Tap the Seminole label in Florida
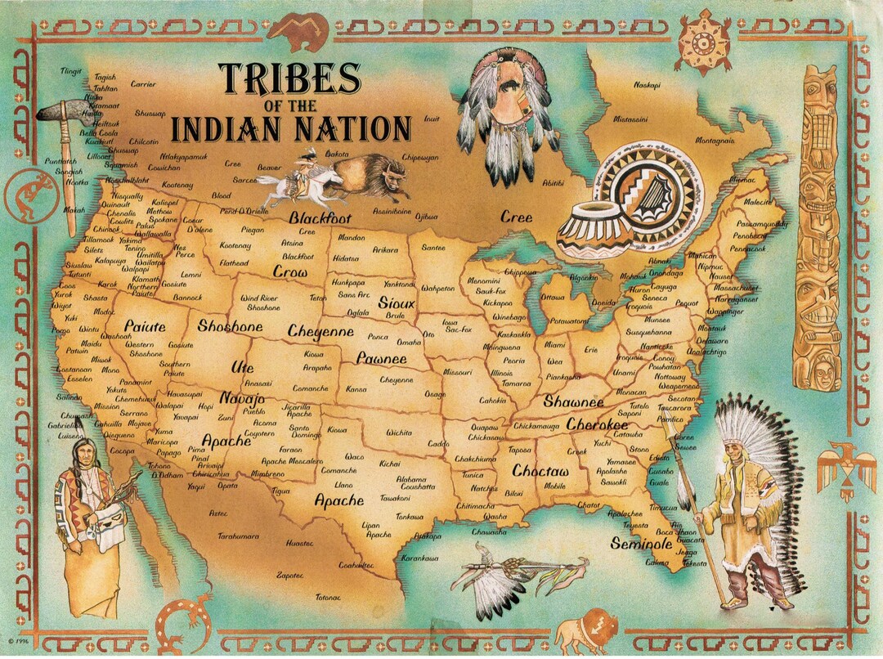pyautogui.click(x=641, y=542)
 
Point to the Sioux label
pyautogui.click(x=397, y=303)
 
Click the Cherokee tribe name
pyautogui.click(x=597, y=425)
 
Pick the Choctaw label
pyautogui.click(x=540, y=472)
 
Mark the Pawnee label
pyautogui.click(x=381, y=358)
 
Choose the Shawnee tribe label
pyautogui.click(x=573, y=402)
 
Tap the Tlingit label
pyautogui.click(x=72, y=71)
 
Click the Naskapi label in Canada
pyautogui.click(x=647, y=84)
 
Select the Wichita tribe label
pyautogui.click(x=399, y=432)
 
